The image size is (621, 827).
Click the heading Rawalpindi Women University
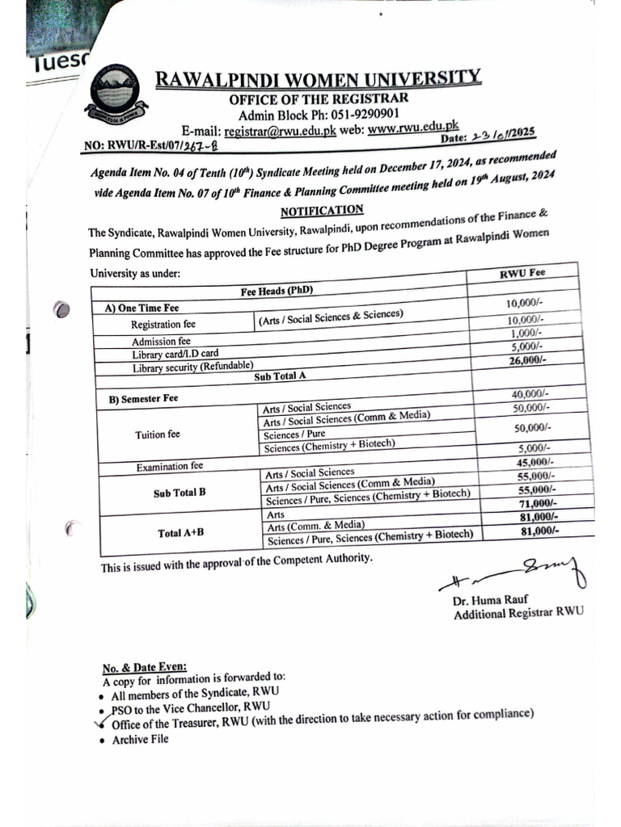[318, 79]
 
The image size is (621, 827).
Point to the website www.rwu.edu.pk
[413, 127]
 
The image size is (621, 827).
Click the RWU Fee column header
[522, 273]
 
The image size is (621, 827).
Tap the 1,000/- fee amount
[526, 333]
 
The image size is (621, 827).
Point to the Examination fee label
[169, 467]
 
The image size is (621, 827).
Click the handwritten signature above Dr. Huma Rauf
[514, 576]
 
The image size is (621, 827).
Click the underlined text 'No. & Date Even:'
[144, 667]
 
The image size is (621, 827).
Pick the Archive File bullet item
[140, 739]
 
